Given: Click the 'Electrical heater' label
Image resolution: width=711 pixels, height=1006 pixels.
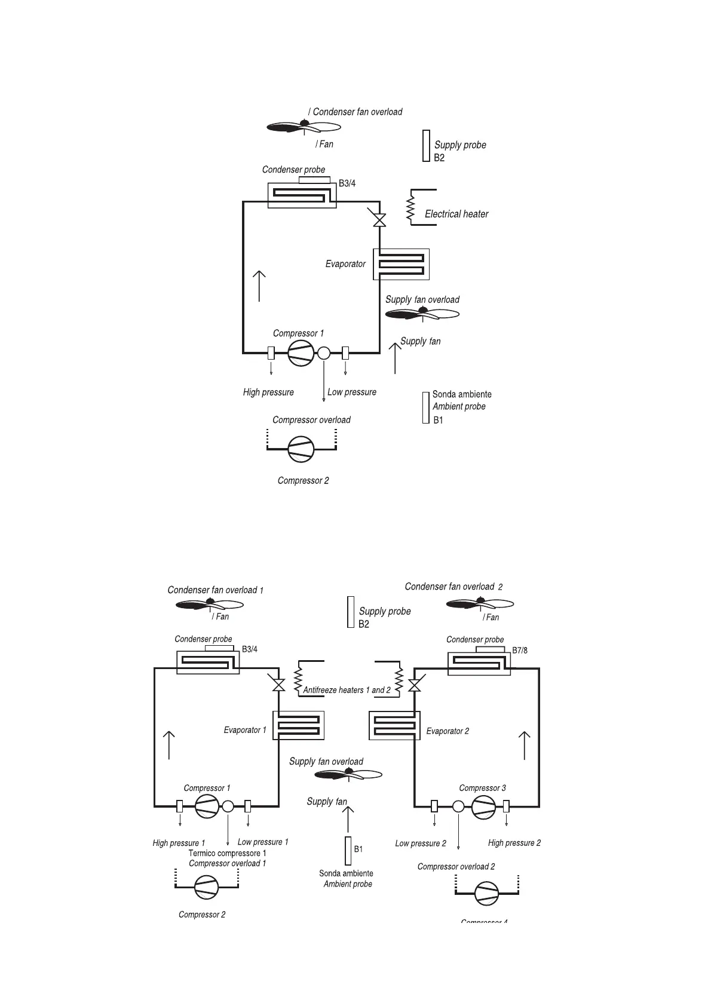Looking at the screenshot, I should point(456,214).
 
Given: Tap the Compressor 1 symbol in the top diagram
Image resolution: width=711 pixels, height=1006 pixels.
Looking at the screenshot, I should point(301,353).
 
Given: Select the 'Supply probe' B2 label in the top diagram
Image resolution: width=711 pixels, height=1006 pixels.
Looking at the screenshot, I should point(460,145).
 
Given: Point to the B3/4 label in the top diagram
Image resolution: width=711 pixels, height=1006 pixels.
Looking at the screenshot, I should point(347,183).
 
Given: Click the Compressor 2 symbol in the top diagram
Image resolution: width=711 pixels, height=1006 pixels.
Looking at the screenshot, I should point(301,449).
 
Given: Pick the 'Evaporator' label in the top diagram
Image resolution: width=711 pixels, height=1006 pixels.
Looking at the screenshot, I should point(345,263).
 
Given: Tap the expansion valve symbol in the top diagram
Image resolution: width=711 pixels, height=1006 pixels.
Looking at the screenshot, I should point(379,219).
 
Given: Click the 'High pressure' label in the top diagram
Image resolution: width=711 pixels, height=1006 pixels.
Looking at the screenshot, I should point(268,392).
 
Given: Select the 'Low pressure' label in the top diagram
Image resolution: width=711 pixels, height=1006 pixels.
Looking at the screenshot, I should point(352,392).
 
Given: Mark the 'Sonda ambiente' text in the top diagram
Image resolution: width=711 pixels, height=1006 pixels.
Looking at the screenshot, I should point(462,394).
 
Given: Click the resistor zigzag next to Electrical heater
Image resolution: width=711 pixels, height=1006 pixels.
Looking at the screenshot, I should point(410,208).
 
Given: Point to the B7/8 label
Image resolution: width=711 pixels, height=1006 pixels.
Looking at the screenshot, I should point(520,651).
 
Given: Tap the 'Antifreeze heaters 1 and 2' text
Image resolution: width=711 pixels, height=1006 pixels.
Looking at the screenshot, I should point(347,690).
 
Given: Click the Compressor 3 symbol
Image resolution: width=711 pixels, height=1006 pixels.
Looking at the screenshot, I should point(483,806).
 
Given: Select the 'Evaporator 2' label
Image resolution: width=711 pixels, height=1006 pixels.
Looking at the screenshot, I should point(448,731).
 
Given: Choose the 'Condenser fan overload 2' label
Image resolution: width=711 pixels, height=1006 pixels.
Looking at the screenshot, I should point(453,587).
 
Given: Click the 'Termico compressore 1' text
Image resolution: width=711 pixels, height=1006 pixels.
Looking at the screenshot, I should point(227,853).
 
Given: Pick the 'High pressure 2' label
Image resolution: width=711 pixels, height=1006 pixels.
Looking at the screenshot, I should point(514,843).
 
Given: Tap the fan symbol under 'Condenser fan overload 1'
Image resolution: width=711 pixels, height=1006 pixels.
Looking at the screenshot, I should point(209,605).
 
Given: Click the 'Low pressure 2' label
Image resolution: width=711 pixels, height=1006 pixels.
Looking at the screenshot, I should point(421,844).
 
